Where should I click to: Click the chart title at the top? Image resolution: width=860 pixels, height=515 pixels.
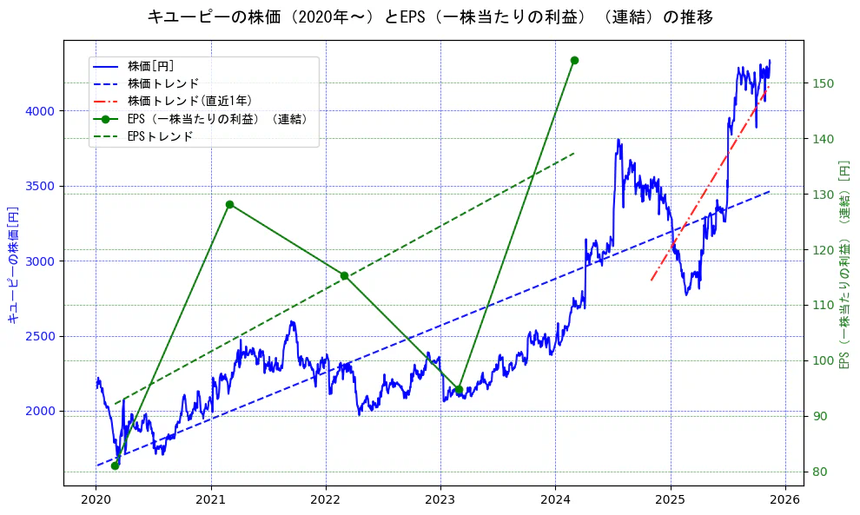tap(430, 17)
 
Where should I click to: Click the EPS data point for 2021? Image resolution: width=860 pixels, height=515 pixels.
tap(229, 204)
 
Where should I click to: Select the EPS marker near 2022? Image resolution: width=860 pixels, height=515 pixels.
tap(344, 275)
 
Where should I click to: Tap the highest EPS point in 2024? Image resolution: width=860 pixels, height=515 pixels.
tap(574, 60)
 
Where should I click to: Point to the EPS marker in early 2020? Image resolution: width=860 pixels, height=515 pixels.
tap(115, 465)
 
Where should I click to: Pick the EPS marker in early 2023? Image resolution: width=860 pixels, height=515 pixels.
tap(459, 390)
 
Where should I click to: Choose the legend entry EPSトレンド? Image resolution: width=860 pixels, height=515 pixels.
tap(160, 136)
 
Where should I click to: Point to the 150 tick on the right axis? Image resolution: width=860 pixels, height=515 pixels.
tap(824, 83)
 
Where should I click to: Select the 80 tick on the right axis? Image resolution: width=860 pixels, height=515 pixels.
tap(821, 472)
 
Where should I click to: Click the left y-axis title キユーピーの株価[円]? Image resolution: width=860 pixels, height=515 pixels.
tap(13, 264)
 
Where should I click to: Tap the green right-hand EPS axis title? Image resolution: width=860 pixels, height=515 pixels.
tap(843, 264)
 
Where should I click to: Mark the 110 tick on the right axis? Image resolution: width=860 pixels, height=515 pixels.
tap(824, 305)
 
